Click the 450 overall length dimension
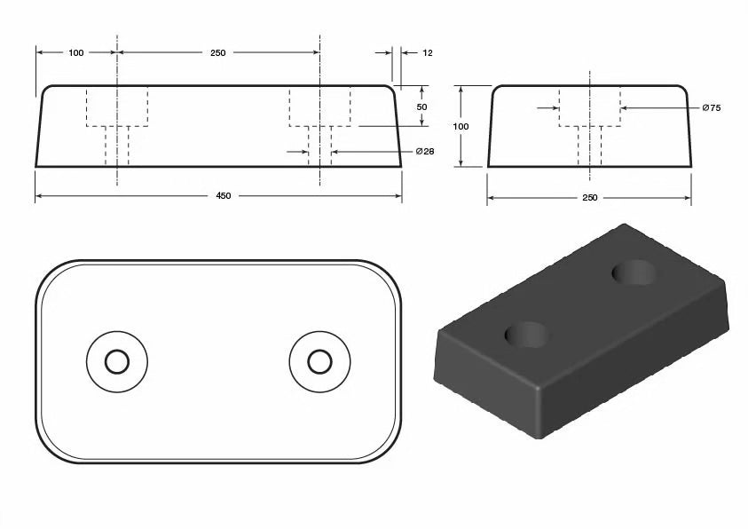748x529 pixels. click(x=223, y=195)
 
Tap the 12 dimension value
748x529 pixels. click(x=427, y=53)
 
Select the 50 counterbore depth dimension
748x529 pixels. click(x=422, y=107)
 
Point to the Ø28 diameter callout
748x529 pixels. click(x=425, y=152)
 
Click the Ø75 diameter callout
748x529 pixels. click(x=711, y=107)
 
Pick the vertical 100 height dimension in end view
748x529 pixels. click(x=461, y=126)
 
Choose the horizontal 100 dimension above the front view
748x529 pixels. click(x=75, y=53)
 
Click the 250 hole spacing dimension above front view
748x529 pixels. click(x=217, y=53)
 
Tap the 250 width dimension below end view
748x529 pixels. click(x=589, y=197)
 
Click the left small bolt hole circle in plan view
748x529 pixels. click(x=116, y=361)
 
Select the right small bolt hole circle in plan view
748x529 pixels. click(x=319, y=361)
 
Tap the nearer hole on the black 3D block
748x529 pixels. click(x=526, y=335)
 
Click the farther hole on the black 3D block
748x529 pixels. click(x=636, y=272)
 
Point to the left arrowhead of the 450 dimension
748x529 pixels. click(x=39, y=195)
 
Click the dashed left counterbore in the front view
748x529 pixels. click(x=117, y=107)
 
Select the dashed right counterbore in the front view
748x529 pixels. click(x=320, y=107)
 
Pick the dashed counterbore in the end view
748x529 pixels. click(x=589, y=107)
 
